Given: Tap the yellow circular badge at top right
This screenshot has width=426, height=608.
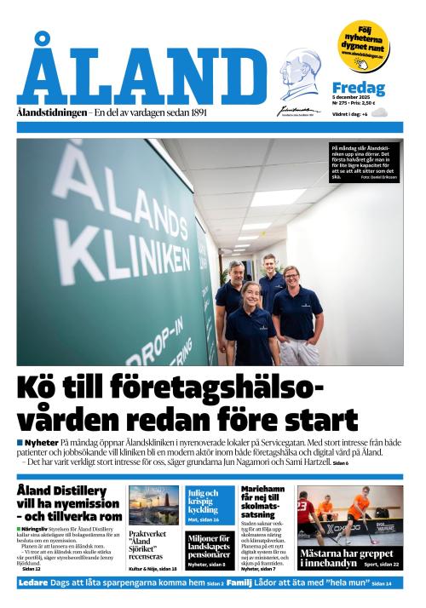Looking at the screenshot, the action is click(363, 45).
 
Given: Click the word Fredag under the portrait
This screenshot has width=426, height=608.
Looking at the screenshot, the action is click(358, 89).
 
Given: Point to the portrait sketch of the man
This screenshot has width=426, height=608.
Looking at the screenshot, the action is click(301, 77).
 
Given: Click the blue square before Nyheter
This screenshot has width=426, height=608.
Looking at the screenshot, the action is click(20, 443).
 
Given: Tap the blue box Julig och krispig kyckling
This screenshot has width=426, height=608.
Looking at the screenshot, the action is click(209, 504).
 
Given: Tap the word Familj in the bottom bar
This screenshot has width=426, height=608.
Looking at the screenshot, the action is click(240, 583).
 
